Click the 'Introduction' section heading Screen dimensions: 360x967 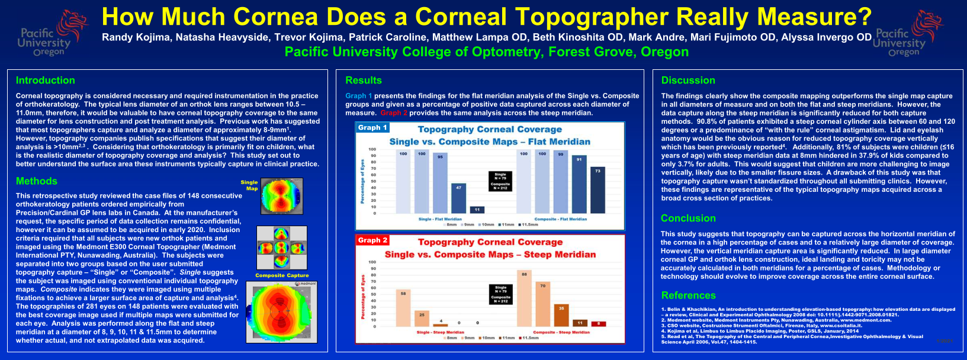pyautogui.click(x=45, y=81)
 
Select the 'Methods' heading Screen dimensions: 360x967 pyautogui.click(x=37, y=181)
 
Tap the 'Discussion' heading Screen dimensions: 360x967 pyautogui.click(x=688, y=81)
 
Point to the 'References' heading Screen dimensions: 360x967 pyautogui.click(x=688, y=295)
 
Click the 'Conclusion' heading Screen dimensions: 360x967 pyautogui.click(x=688, y=218)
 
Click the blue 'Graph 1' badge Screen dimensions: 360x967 pyautogui.click(x=372, y=127)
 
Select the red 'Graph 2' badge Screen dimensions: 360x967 pyautogui.click(x=372, y=240)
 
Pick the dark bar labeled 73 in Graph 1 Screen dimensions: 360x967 pyautogui.click(x=597, y=190)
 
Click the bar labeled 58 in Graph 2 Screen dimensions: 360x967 pyautogui.click(x=403, y=308)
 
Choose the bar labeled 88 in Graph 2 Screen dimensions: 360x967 pyautogui.click(x=524, y=299)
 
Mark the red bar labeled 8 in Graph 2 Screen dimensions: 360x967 pyautogui.click(x=599, y=324)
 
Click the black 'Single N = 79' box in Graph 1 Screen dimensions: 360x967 pyautogui.click(x=500, y=176)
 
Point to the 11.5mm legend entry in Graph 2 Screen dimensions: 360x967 pyautogui.click(x=529, y=338)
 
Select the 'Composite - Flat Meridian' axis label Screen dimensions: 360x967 pyautogui.click(x=560, y=219)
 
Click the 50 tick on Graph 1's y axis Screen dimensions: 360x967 pyautogui.click(x=372, y=181)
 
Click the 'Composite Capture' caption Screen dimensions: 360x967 pyautogui.click(x=282, y=275)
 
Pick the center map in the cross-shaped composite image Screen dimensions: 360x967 pyautogui.click(x=282, y=247)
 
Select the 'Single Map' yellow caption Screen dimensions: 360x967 pyautogui.click(x=250, y=185)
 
